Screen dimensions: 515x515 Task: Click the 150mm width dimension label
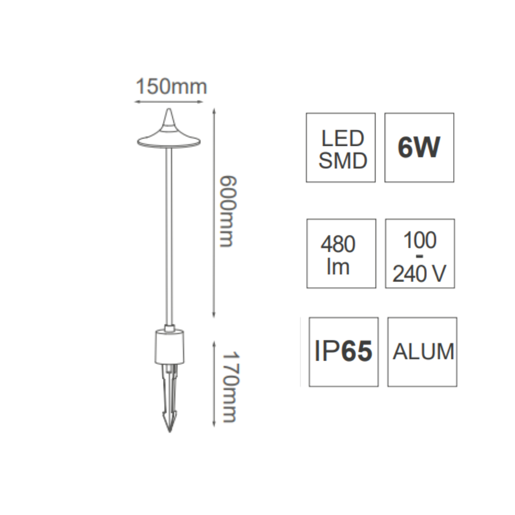click(171, 87)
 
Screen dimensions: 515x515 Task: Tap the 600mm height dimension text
click(228, 211)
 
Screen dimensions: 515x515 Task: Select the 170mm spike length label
click(230, 387)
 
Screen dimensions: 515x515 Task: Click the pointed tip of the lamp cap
click(169, 109)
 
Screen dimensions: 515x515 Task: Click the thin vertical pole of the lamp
click(169, 236)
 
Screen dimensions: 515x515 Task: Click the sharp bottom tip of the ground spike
click(169, 431)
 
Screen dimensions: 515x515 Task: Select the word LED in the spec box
click(343, 138)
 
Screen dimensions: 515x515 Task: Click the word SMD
click(343, 161)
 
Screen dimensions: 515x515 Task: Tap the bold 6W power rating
click(419, 148)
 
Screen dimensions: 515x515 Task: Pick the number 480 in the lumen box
click(338, 244)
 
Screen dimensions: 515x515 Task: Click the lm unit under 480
click(338, 267)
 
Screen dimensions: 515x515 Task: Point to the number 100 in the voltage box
click(420, 240)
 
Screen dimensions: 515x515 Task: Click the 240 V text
click(419, 274)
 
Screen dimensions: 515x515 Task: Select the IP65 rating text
click(343, 351)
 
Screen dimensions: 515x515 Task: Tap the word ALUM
click(423, 352)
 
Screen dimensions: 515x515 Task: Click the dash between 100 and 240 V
click(419, 256)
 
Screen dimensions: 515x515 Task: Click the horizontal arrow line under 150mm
click(169, 102)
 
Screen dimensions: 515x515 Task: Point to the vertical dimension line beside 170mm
click(214, 384)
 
